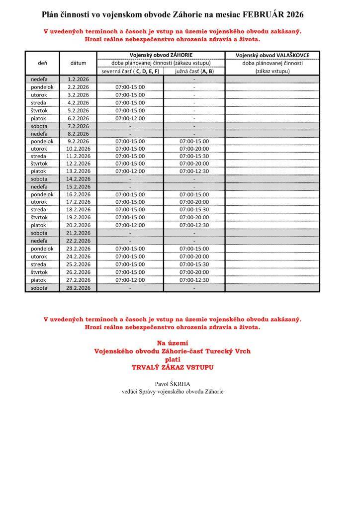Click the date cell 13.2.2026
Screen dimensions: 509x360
click(78, 171)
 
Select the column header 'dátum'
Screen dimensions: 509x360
click(78, 63)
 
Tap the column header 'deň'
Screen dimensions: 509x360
click(42, 63)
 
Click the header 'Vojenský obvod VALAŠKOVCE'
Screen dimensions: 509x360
click(272, 55)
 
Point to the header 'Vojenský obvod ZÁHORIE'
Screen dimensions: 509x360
click(161, 55)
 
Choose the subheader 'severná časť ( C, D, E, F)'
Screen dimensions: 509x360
click(130, 71)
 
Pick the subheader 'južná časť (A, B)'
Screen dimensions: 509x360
click(194, 71)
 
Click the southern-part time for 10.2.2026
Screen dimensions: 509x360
click(194, 148)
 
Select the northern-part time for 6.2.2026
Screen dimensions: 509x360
click(130, 118)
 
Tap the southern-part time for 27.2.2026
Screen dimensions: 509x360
click(194, 280)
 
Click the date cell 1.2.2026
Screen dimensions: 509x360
click(78, 79)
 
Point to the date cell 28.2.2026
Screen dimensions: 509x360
click(78, 288)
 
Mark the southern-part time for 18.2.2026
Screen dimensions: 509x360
click(194, 210)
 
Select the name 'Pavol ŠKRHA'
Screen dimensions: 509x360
click(173, 383)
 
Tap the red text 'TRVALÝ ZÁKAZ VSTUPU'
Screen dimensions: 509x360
click(173, 367)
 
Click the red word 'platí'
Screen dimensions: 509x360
click(173, 359)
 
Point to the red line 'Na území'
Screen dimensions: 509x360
click(173, 343)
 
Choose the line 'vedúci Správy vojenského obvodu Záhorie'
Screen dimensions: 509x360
click(173, 391)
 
